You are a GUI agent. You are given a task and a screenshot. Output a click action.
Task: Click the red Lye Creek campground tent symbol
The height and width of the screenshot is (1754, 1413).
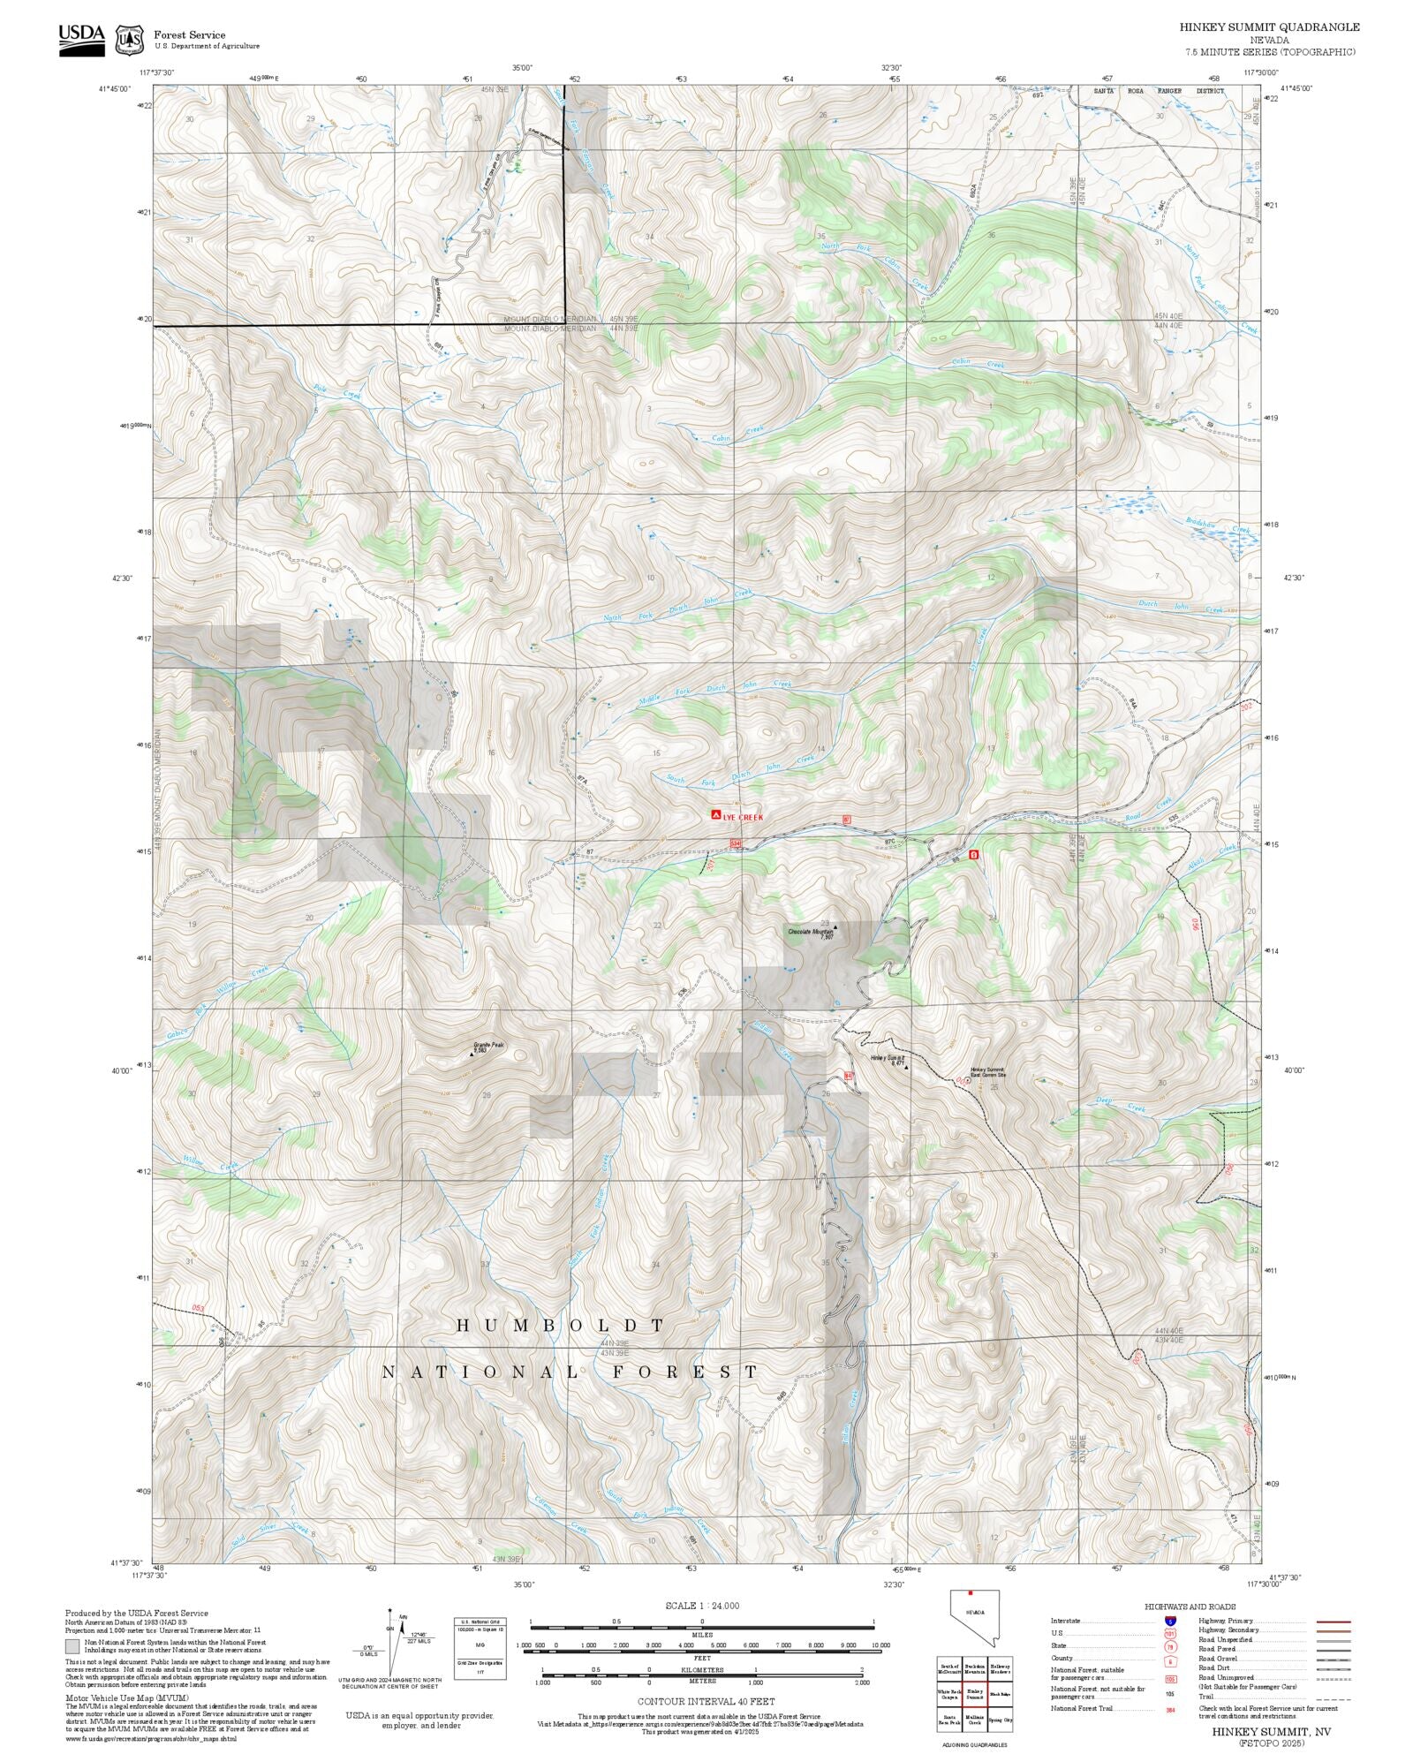point(714,816)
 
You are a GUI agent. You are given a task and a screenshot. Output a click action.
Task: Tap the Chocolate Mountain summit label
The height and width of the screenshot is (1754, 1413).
point(811,931)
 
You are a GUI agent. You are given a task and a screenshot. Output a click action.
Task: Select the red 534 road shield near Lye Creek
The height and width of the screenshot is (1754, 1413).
point(736,844)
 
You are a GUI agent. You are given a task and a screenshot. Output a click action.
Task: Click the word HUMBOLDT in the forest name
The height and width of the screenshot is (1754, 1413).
point(560,1326)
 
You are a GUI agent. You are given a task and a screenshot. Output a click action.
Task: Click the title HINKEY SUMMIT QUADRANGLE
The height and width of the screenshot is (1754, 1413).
point(1269,27)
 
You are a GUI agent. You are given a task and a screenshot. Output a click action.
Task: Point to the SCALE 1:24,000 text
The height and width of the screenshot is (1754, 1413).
point(702,1606)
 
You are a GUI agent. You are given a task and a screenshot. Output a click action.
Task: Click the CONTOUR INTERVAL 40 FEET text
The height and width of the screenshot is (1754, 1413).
point(706,1700)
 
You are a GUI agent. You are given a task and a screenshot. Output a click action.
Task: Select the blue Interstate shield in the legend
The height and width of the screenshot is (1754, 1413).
point(1170,1622)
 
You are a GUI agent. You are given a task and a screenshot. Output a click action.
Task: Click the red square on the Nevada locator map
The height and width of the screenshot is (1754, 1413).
point(971,1593)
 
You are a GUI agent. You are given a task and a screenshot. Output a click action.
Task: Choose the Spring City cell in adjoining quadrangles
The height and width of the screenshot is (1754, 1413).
point(1001,1720)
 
